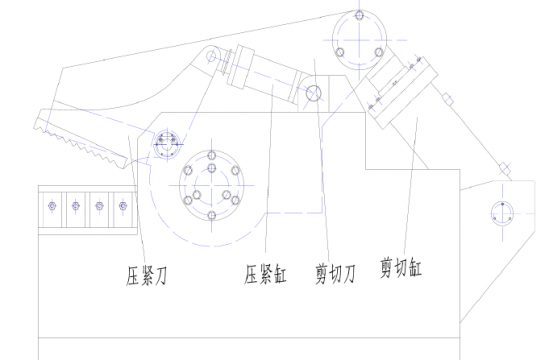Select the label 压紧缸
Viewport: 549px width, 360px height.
tap(265, 273)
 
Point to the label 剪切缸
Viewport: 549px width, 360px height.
tap(400, 267)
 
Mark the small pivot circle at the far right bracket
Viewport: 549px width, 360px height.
tap(501, 212)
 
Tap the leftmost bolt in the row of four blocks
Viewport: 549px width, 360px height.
tap(50, 207)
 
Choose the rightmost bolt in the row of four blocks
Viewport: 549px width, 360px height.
tap(123, 207)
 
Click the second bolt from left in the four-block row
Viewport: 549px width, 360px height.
tap(75, 207)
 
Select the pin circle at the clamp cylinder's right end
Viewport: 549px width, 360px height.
tap(314, 96)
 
